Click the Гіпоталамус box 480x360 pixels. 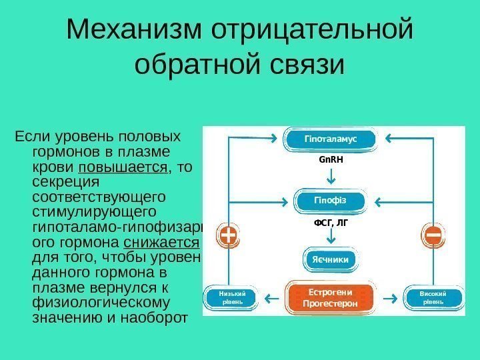click(331, 139)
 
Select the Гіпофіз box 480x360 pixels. click(331, 200)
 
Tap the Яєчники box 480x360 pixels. click(331, 258)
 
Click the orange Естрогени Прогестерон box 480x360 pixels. click(331, 297)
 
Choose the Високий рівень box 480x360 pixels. click(433, 297)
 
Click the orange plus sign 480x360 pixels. click(229, 235)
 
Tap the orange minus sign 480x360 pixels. click(433, 235)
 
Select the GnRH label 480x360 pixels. click(331, 161)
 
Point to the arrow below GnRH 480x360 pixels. click(331, 176)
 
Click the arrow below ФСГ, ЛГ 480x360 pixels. click(331, 237)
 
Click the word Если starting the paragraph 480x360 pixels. click(28, 137)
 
